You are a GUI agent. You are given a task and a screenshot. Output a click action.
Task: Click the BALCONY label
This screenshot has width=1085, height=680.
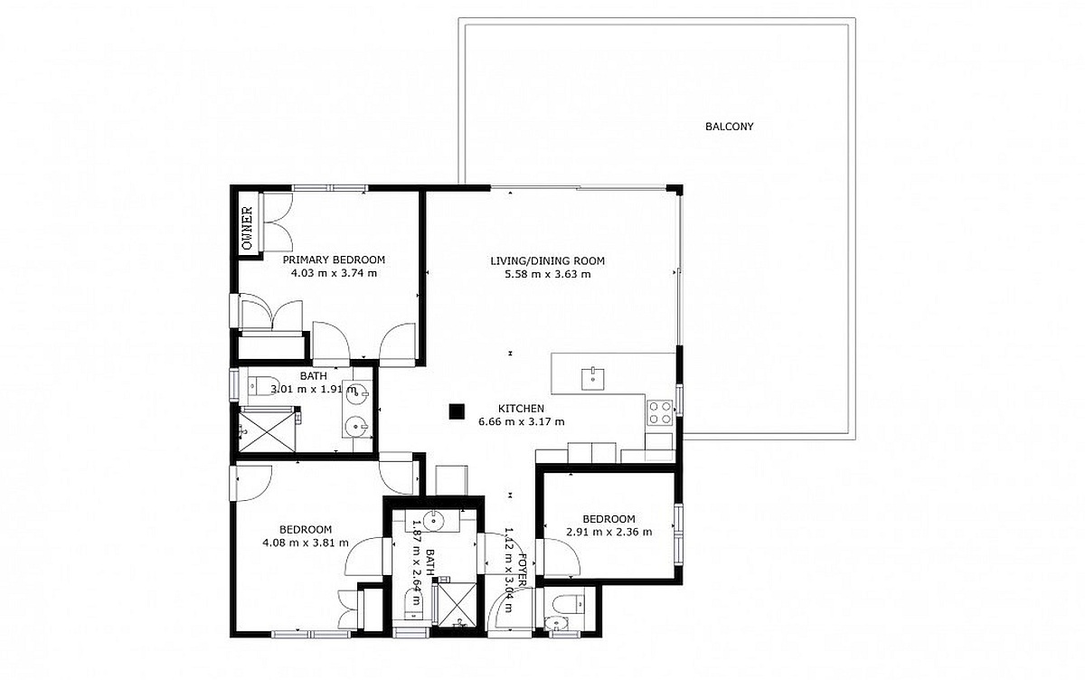729,127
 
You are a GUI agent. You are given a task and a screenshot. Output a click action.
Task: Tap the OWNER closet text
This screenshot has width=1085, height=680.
248,228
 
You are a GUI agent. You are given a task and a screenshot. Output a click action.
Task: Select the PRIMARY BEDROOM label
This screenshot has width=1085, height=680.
334,260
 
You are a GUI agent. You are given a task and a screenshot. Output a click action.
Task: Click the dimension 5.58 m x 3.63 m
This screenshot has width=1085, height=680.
548,274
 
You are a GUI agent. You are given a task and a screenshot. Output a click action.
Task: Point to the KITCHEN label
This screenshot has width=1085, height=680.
521,409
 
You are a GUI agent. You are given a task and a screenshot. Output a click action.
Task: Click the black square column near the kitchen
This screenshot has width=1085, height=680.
457,411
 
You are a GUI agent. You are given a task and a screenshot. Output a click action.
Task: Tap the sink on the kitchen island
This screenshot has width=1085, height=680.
593,379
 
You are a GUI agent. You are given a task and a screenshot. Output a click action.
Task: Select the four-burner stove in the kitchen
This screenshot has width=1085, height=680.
660,413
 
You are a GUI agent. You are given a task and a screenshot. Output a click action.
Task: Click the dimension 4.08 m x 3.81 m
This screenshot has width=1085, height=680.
306,543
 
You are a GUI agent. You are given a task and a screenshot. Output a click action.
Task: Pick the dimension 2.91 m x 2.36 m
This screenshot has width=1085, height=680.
609,532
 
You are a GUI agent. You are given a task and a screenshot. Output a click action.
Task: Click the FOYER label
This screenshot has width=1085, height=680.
522,570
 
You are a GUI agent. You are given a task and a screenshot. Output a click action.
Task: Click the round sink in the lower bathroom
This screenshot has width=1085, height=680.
433,521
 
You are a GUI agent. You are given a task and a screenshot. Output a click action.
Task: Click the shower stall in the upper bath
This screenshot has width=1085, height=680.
268,430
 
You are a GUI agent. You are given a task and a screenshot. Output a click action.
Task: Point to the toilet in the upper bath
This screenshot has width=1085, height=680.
263,385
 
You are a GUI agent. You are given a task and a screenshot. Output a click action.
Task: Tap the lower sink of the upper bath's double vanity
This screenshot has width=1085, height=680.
357,426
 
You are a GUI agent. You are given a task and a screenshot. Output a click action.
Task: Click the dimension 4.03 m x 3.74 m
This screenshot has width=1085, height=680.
334,273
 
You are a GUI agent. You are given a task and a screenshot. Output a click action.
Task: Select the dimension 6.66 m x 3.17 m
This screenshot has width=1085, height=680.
521,421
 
